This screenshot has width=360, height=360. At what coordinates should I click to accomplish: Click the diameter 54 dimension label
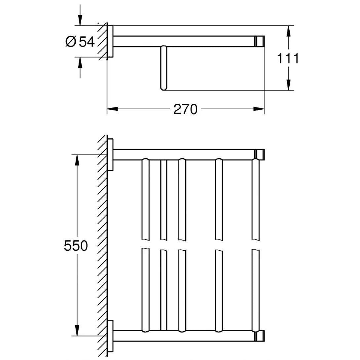click(80, 42)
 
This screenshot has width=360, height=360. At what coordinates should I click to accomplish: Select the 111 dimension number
click(288, 58)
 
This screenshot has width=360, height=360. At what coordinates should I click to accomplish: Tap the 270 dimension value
click(186, 109)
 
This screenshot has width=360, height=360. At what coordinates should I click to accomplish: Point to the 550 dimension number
click(76, 246)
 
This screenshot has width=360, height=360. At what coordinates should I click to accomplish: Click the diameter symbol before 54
click(71, 42)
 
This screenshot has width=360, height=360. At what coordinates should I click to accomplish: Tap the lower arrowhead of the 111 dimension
click(289, 85)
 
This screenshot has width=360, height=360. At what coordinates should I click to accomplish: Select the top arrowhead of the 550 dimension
click(77, 160)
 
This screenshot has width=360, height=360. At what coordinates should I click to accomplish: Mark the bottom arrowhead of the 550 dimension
click(77, 330)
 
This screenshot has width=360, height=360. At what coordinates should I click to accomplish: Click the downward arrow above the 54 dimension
click(80, 20)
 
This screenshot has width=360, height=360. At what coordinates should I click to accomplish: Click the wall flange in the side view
click(110, 41)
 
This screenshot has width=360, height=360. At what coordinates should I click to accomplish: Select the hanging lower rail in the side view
click(163, 68)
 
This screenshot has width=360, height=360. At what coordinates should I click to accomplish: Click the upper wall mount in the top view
click(110, 155)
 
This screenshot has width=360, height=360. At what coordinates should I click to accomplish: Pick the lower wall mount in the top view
click(110, 336)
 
